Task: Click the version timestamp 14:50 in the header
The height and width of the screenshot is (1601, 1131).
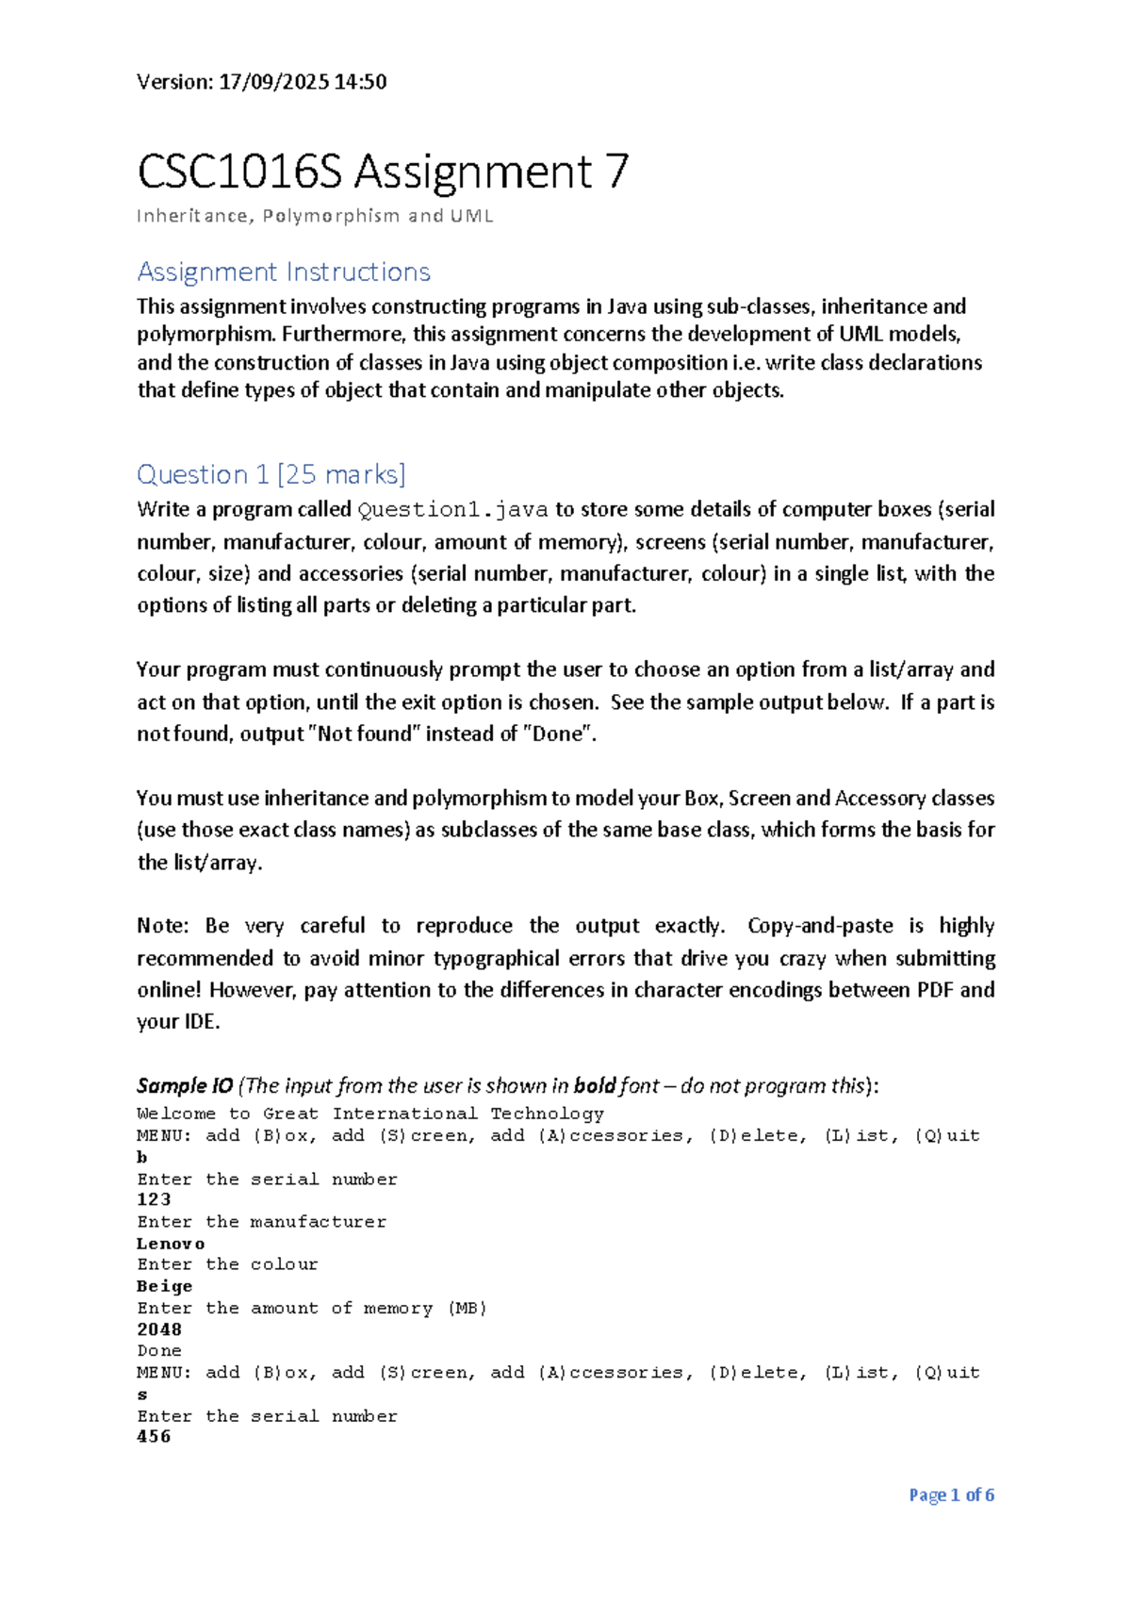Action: point(360,82)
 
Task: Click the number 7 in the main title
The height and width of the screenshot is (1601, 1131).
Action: point(616,173)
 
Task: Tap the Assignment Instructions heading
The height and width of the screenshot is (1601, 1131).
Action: point(284,272)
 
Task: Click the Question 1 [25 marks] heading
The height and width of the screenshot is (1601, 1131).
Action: point(271,474)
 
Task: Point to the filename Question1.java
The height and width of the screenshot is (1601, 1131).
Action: point(452,510)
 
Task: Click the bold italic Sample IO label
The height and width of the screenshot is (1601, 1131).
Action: point(185,1086)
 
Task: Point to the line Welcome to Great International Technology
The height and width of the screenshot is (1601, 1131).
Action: point(370,1114)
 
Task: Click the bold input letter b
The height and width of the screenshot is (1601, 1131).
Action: point(142,1157)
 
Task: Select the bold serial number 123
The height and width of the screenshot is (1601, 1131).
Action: point(154,1200)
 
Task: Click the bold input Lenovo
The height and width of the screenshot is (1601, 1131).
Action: point(171,1244)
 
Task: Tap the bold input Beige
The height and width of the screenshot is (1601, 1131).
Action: point(165,1287)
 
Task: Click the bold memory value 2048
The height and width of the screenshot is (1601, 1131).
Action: point(159,1329)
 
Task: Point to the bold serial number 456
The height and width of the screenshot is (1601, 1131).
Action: point(154,1437)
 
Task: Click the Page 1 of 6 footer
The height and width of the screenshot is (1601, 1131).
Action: point(951,1495)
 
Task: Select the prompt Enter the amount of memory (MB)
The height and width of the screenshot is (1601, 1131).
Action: point(312,1309)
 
